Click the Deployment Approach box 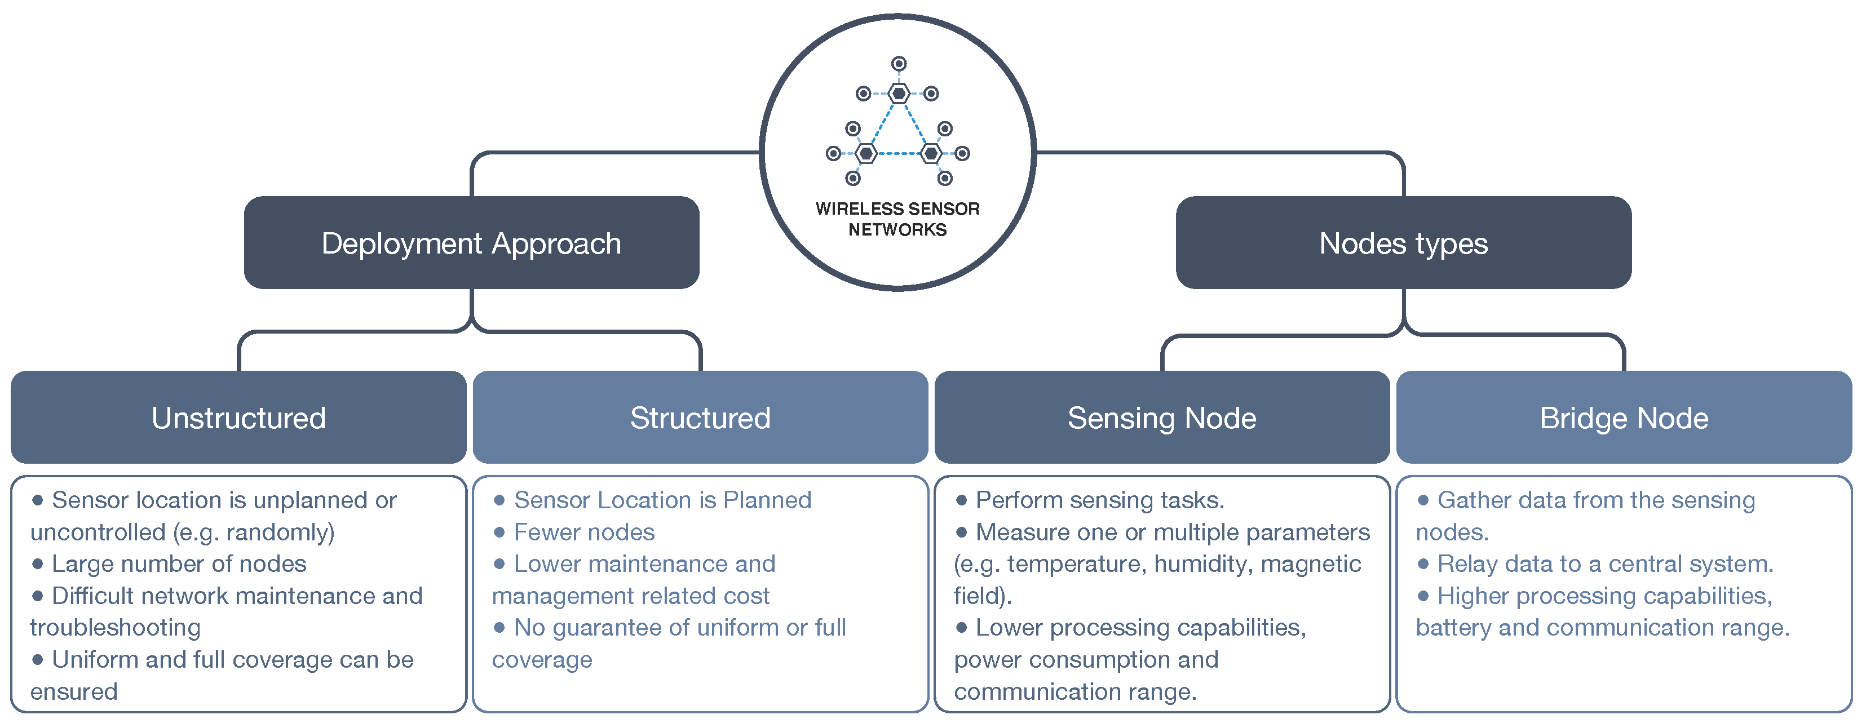[471, 243]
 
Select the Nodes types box [1403, 243]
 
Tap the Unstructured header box [238, 418]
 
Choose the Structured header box [700, 418]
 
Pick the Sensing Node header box [1161, 418]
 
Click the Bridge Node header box [1624, 418]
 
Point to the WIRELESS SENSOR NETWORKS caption [897, 219]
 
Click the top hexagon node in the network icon [898, 94]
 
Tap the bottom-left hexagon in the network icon [866, 153]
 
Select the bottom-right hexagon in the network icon [931, 153]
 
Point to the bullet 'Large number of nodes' [179, 563]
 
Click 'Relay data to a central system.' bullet [1604, 563]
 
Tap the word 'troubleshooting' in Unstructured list [115, 627]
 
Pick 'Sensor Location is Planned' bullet [662, 500]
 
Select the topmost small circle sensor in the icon [898, 64]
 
